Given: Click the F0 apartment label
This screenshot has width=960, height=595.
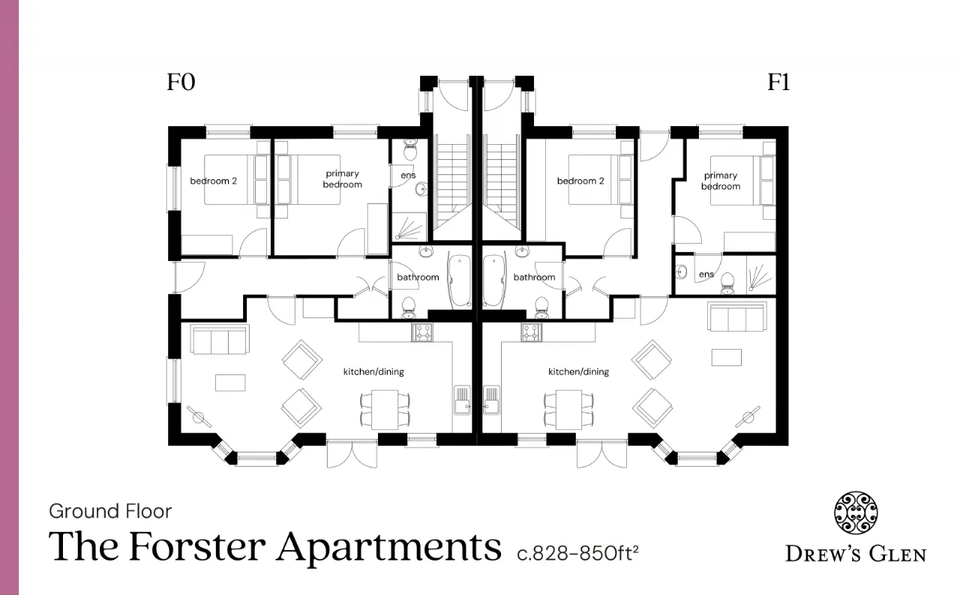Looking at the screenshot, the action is [x=181, y=82].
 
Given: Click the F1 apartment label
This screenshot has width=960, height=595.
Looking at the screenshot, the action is [x=778, y=82].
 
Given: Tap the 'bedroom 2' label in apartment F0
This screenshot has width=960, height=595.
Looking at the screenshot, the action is [x=214, y=181].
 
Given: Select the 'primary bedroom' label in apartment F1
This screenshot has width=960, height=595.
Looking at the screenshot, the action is [x=721, y=181].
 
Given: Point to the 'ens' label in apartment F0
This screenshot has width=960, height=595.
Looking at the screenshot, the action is [x=408, y=176].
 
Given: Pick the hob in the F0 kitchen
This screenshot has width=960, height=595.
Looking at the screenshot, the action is [x=422, y=332].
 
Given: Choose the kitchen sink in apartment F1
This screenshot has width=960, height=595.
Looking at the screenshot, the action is [x=491, y=400].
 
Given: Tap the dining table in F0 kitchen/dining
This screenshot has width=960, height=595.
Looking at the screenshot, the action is [x=385, y=410].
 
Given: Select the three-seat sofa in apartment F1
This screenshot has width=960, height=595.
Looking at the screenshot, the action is [x=737, y=317].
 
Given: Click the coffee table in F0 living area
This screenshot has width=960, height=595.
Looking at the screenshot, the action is [x=230, y=383].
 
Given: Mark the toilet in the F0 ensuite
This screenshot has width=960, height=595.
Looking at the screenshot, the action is [x=410, y=149].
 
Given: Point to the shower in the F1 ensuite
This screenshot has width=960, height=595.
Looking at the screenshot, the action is [x=761, y=275].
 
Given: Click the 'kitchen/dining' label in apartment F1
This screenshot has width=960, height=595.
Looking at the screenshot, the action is [x=578, y=371].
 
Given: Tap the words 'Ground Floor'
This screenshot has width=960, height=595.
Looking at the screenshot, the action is [x=110, y=511].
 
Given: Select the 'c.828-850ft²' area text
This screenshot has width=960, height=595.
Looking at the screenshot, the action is [x=577, y=554].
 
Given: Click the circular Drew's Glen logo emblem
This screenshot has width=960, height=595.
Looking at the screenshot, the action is [x=856, y=512].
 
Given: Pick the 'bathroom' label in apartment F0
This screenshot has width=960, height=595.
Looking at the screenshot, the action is [x=418, y=278].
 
